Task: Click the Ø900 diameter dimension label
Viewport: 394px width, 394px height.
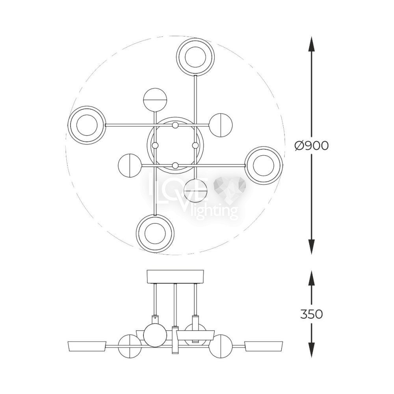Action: click(312, 145)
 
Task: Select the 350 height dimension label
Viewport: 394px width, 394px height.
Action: click(311, 314)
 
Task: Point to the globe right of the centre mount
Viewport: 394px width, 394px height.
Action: click(221, 125)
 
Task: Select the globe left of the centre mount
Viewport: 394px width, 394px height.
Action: click(130, 165)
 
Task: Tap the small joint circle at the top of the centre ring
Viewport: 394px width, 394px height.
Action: click(175, 125)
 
